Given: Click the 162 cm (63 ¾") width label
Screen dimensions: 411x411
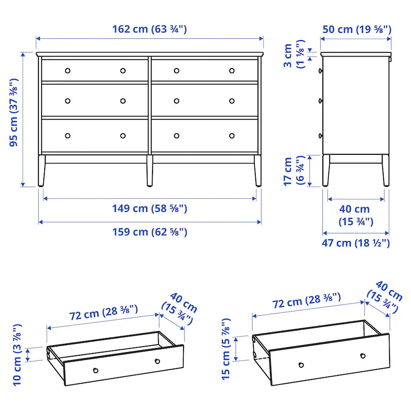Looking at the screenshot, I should [149, 30].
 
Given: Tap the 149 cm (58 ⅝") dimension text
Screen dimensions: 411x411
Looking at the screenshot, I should [149, 209].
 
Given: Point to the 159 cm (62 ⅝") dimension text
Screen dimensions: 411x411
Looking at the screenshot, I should [149, 232].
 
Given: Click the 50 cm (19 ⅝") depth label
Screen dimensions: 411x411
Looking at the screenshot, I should [356, 30].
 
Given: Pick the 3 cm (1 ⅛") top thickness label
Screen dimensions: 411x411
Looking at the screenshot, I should [293, 56].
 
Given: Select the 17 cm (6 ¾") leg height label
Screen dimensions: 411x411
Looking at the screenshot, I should [293, 171].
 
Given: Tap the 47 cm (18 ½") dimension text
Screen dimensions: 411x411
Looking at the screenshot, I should [356, 243].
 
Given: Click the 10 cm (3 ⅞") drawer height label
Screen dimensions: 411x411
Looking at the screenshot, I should [17, 355].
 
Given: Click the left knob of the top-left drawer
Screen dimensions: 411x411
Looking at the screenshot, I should [68, 70].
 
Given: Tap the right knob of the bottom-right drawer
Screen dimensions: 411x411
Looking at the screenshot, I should [232, 136].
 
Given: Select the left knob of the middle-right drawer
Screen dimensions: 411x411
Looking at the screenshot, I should [176, 101].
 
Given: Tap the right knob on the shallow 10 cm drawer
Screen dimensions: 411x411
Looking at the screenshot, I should [157, 361].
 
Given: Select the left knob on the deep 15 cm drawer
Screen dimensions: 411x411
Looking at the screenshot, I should [301, 365].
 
